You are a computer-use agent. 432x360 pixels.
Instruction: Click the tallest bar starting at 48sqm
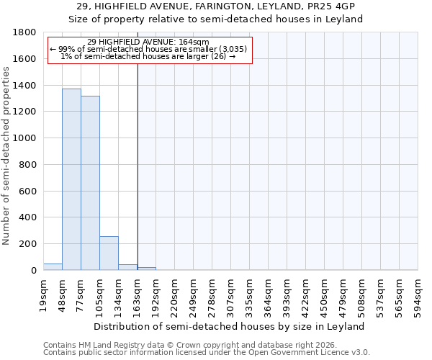click(x=71, y=179)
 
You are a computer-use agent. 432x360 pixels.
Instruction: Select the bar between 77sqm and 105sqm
click(x=90, y=183)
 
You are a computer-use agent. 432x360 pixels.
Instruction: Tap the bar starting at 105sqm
click(x=109, y=253)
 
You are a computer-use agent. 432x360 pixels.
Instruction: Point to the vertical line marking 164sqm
click(x=138, y=158)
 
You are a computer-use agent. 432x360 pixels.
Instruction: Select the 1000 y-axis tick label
click(x=27, y=138)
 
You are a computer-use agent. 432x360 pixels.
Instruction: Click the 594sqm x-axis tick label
click(x=418, y=295)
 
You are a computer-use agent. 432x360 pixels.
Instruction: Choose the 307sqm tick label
click(x=231, y=295)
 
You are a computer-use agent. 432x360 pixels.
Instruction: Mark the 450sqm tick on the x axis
click(x=325, y=295)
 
